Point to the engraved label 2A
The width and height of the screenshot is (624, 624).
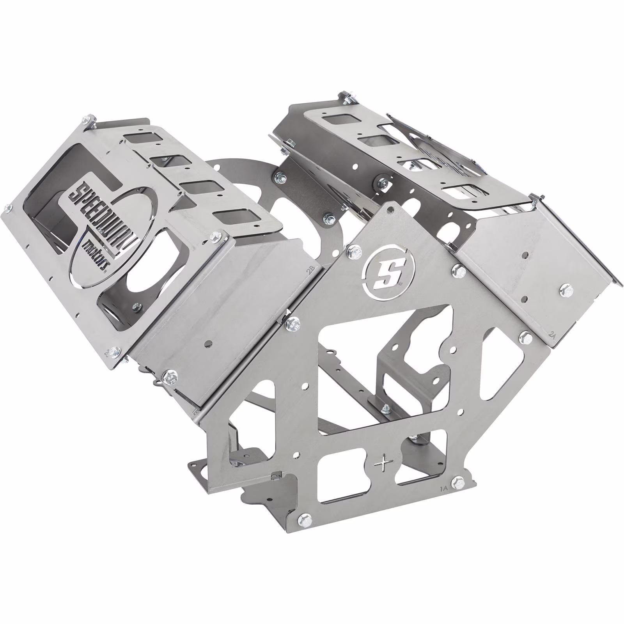(x=552, y=335)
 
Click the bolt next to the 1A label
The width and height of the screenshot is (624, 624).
(x=458, y=482)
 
